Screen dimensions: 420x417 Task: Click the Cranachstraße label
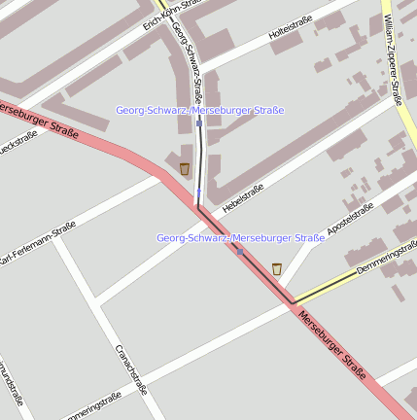click(131, 369)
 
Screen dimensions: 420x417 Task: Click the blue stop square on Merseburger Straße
click(239, 251)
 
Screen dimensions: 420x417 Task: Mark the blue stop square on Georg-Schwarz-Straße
click(198, 123)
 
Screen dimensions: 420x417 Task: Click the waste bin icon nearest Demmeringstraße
click(277, 268)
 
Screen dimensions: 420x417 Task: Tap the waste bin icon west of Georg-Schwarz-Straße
click(185, 169)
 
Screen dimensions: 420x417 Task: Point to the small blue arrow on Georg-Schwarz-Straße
click(198, 193)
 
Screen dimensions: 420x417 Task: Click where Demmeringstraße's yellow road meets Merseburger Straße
click(293, 301)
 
